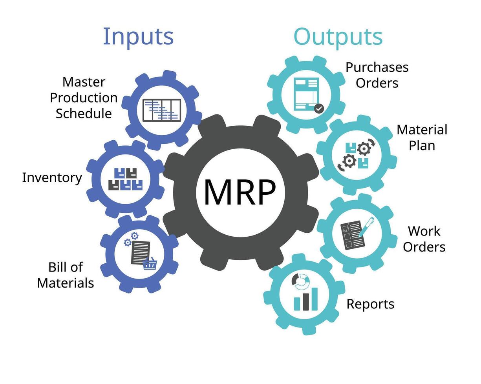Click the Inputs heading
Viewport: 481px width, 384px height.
[x=138, y=36]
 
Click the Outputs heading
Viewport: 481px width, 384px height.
[x=338, y=36]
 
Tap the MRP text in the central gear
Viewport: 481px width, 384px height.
[x=240, y=192]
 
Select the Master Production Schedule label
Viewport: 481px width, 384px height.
[x=84, y=98]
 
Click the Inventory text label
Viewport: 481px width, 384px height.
[x=52, y=178]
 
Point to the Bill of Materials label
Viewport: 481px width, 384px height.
[x=66, y=275]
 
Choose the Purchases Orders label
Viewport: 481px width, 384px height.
[x=377, y=75]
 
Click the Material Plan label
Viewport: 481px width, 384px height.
[x=422, y=137]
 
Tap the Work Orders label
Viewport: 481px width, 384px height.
[x=424, y=239]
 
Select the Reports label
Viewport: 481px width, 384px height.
[x=370, y=304]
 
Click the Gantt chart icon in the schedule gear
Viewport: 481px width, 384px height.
[x=162, y=110]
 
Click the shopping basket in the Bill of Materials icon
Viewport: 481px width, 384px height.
[x=150, y=264]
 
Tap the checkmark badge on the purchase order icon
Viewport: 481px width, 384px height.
[x=319, y=108]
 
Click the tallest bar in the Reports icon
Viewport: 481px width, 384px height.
[x=315, y=299]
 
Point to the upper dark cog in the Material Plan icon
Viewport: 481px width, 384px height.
[x=364, y=149]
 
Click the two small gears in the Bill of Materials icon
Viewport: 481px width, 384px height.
[x=131, y=239]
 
